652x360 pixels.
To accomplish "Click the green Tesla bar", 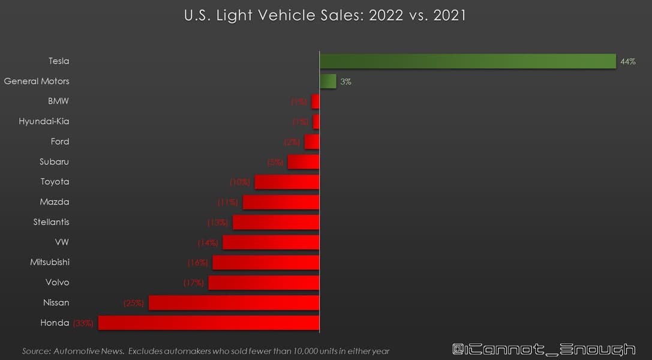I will point(468,61).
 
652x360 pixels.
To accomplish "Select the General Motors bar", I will point(328,82).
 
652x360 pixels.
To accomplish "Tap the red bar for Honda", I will point(209,323).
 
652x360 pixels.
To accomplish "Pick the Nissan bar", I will point(234,302).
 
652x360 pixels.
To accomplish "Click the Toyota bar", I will point(287,182).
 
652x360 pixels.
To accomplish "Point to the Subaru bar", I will point(304,162).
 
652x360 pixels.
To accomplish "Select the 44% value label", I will point(628,61).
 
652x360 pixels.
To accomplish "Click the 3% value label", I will point(345,82).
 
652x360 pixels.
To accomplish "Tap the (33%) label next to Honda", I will point(83,323).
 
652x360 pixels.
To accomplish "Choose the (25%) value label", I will point(134,303).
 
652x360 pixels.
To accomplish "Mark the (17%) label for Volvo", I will point(193,283).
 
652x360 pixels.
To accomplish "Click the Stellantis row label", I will point(51,222).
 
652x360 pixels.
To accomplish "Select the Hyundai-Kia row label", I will point(44,121).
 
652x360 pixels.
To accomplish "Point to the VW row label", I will point(62,242).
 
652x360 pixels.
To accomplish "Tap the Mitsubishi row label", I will point(50,262).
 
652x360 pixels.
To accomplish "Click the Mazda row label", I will point(55,202).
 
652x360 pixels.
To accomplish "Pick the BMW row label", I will point(58,101).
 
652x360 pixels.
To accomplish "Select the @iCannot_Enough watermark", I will point(543,349).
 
